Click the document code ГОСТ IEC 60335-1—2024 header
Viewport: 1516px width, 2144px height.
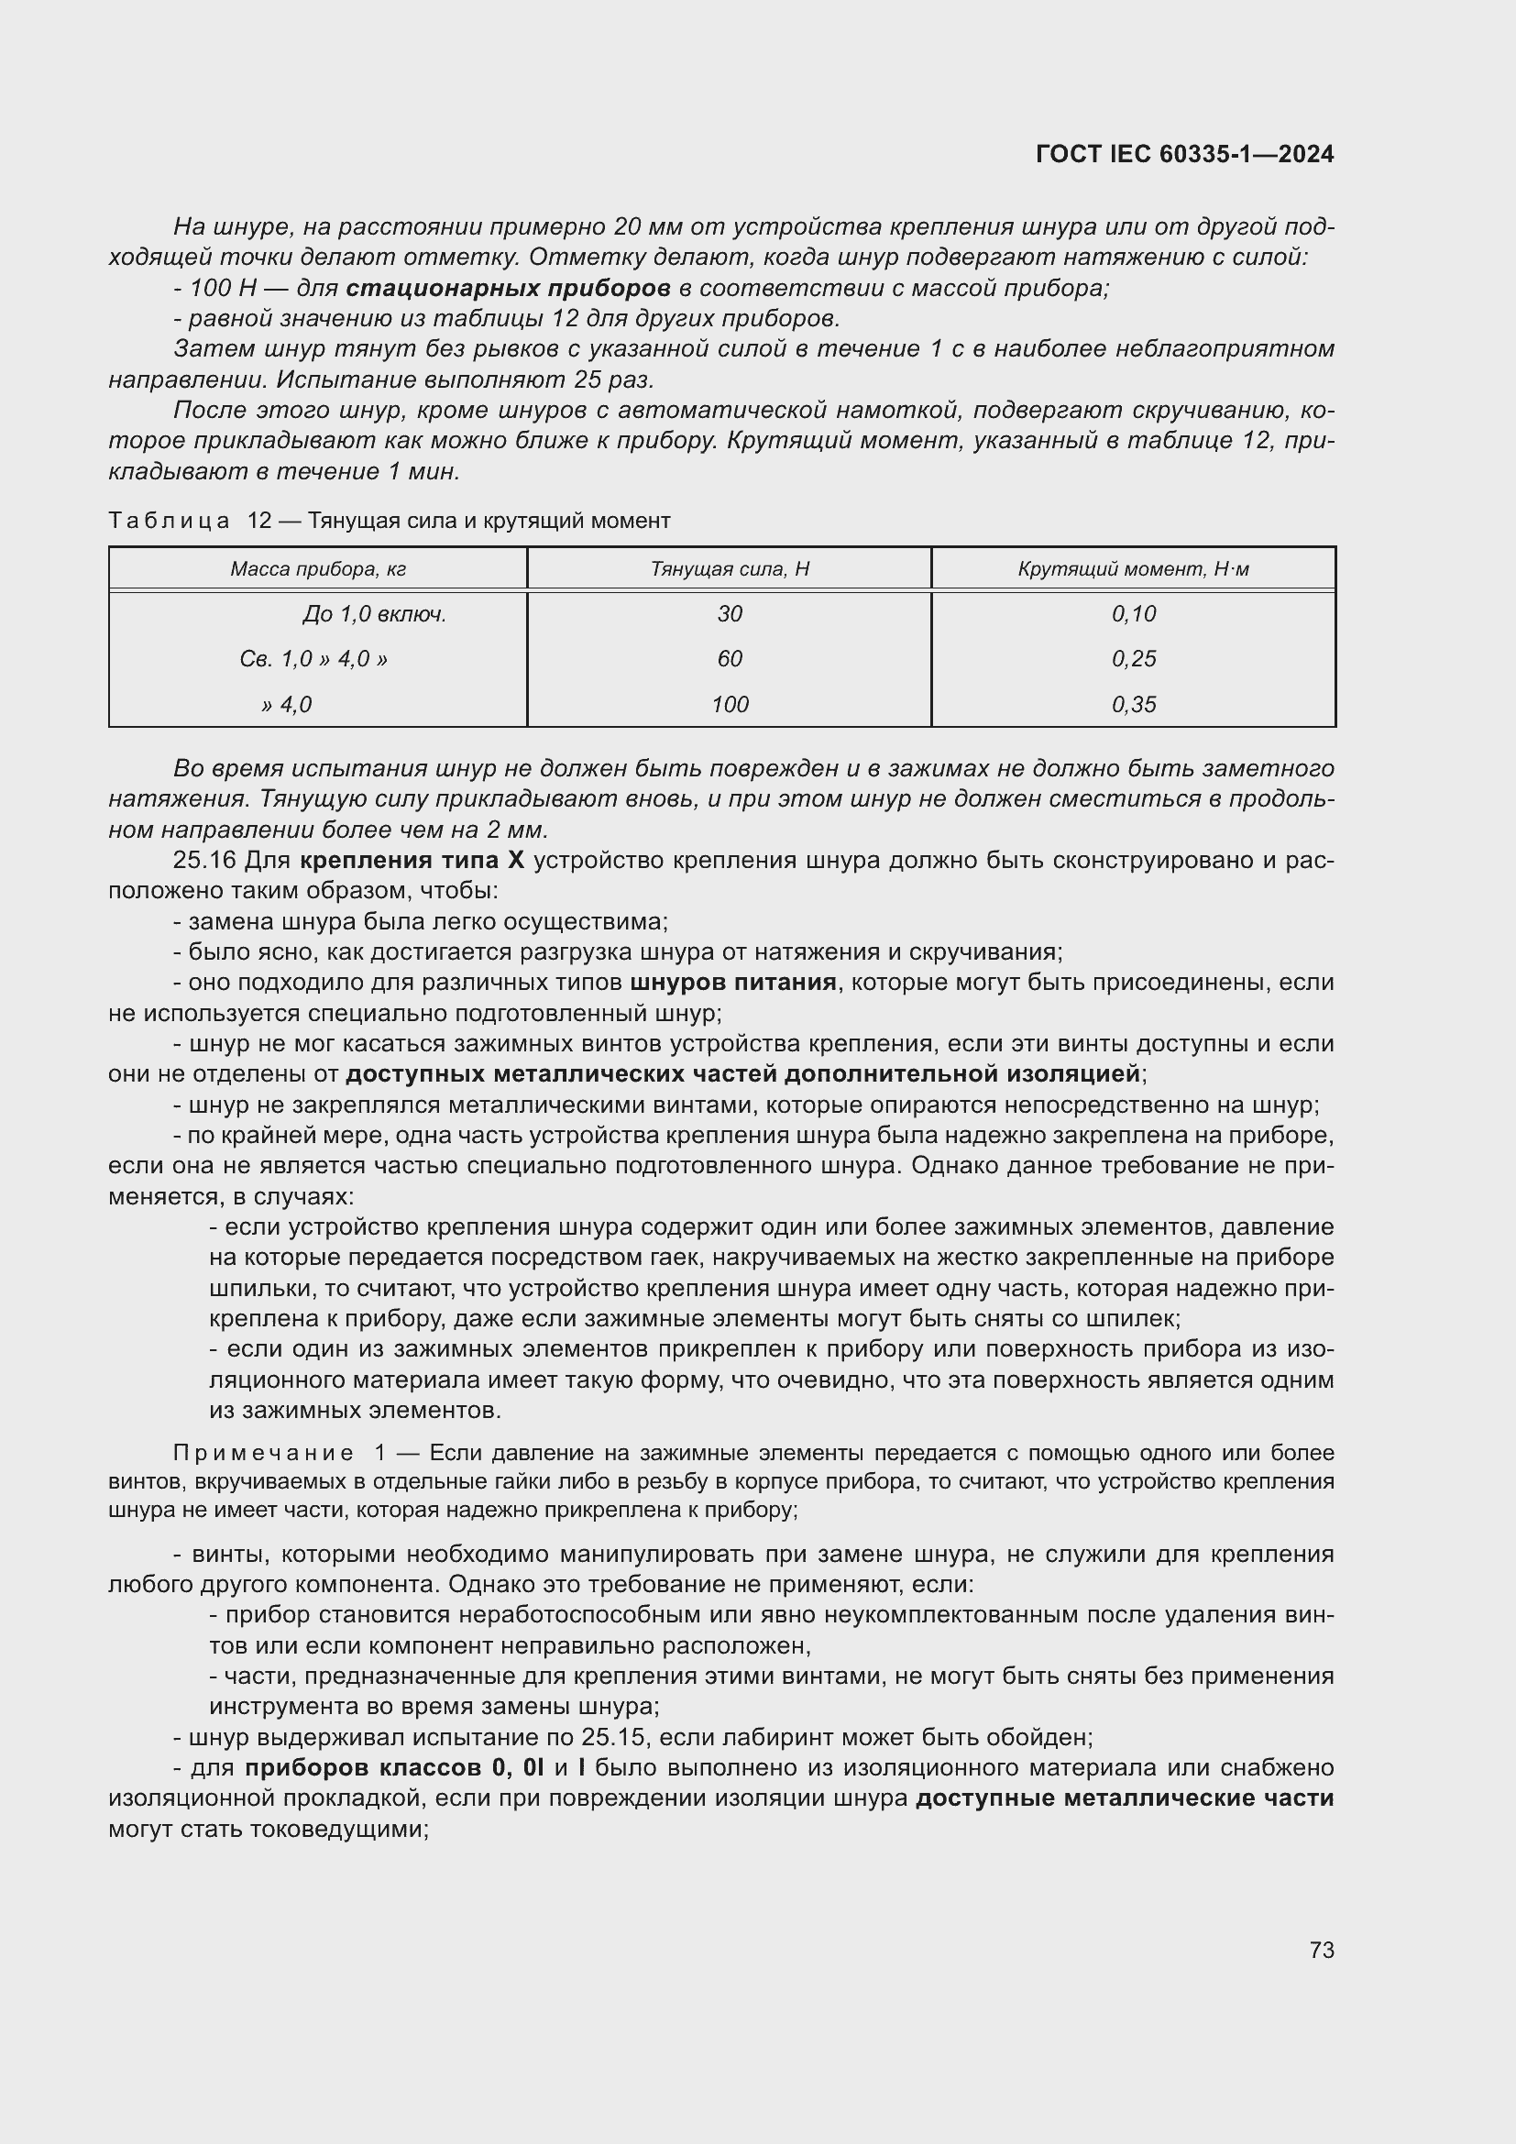pos(1183,154)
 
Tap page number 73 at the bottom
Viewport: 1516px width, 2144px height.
pos(1321,1950)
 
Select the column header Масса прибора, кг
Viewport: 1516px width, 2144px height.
pos(317,568)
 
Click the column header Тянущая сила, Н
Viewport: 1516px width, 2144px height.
pos(729,568)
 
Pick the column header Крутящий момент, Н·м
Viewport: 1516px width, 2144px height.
pos(1133,568)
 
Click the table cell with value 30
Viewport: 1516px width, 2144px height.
pos(729,613)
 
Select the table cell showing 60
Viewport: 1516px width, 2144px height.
pos(729,659)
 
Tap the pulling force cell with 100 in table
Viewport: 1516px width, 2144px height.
pos(729,704)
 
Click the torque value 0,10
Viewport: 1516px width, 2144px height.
pos(1133,613)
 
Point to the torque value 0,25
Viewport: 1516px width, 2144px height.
pos(1133,659)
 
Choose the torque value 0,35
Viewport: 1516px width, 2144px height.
pos(1133,704)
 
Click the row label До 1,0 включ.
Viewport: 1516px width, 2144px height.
pos(373,613)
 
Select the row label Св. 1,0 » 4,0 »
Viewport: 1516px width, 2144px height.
pos(313,659)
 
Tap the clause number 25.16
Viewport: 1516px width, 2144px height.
pos(204,860)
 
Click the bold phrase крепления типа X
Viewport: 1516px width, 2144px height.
pos(412,860)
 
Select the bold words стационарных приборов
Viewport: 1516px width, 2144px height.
pos(507,288)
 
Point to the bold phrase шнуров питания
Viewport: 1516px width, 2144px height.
pos(733,983)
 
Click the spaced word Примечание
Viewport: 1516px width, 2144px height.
pos(263,1453)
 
